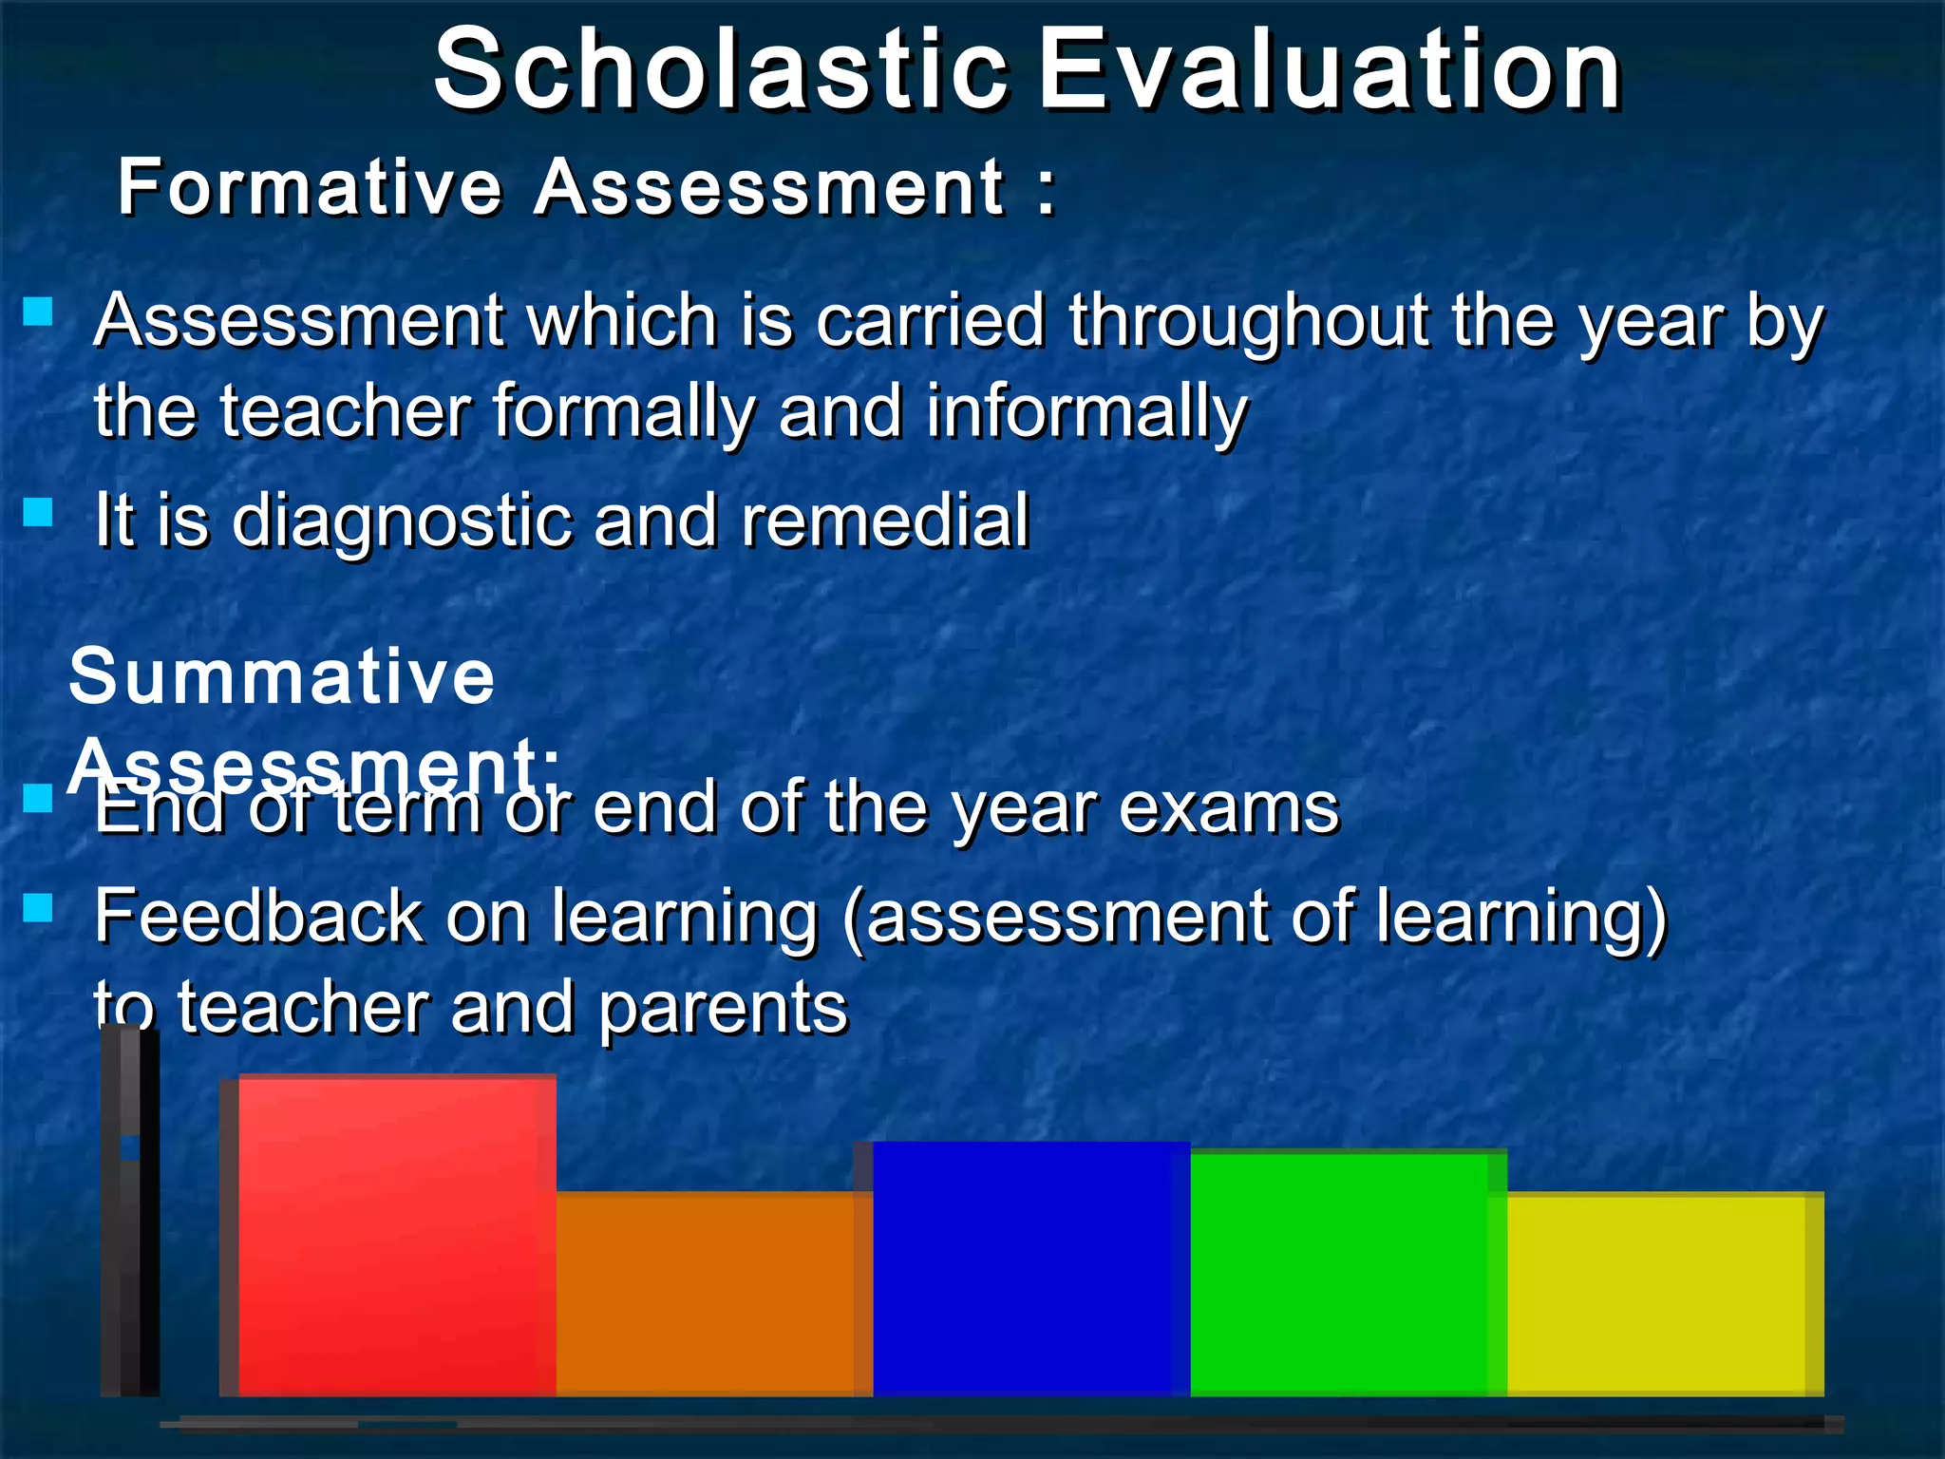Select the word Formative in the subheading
[309, 187]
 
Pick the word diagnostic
[403, 522]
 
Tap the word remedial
[884, 521]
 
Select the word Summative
[282, 676]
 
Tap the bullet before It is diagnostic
[38, 513]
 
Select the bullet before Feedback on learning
[38, 908]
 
